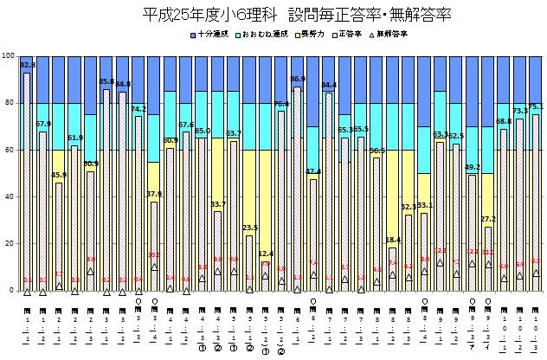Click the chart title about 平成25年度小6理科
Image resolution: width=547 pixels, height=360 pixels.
coord(273,16)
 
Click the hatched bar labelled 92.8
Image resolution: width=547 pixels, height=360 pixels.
coord(27,182)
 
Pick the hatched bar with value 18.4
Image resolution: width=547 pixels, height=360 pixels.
coord(392,269)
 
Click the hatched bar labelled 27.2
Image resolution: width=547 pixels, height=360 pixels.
coord(488,259)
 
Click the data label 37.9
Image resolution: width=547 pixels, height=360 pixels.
coord(154,195)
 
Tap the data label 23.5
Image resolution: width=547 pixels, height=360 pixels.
coord(249,228)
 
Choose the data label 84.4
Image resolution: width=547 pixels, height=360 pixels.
coord(329,85)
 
